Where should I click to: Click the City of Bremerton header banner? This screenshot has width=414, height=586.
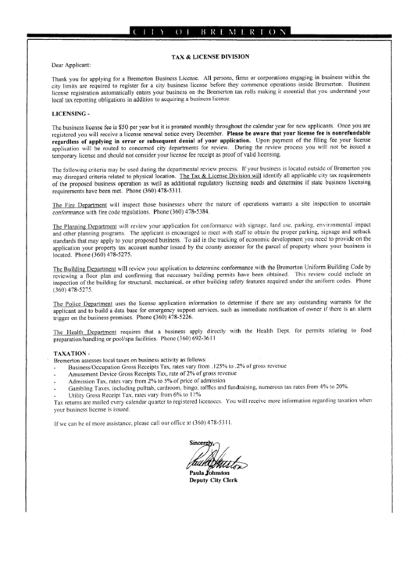(207, 31)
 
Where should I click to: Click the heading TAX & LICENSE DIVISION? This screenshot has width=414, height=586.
(207, 57)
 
